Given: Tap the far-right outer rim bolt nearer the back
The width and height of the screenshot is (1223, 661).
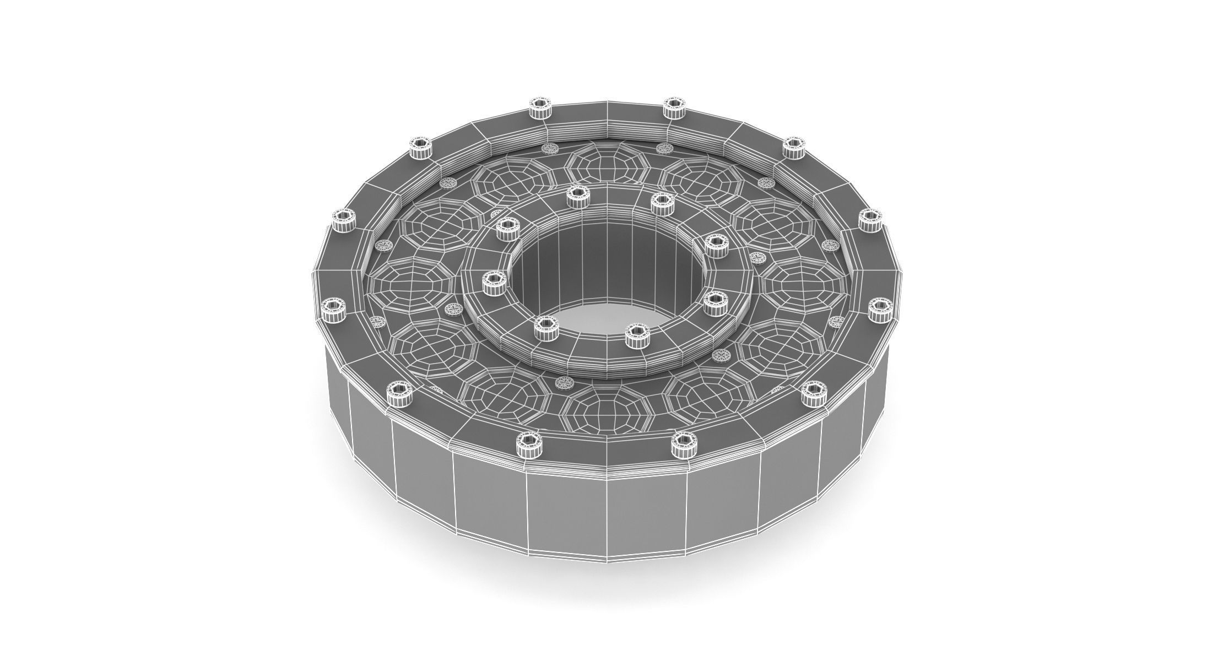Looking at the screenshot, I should pyautogui.click(x=871, y=220).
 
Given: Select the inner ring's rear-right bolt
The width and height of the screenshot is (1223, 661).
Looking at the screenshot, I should pyautogui.click(x=662, y=203).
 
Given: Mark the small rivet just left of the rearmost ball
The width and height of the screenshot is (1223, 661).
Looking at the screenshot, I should pyautogui.click(x=549, y=149).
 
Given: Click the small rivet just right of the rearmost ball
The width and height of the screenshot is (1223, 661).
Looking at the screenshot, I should pyautogui.click(x=663, y=149).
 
